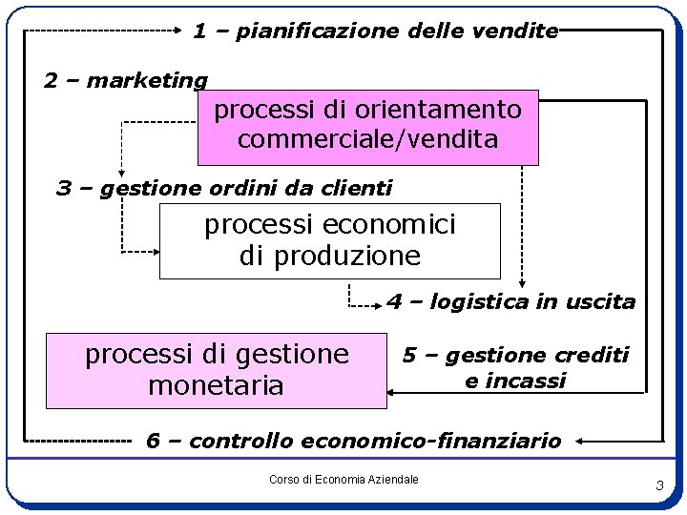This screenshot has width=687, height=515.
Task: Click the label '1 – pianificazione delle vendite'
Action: coord(375,31)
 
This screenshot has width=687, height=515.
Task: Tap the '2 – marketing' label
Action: coord(125,80)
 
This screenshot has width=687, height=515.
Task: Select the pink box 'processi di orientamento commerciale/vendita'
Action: coord(367,126)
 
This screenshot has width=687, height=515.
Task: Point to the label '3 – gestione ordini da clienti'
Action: coord(224,188)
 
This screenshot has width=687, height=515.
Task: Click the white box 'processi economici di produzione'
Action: coord(329,240)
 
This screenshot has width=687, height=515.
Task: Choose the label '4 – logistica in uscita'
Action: coord(510,302)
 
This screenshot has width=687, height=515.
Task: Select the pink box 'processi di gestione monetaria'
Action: coord(217,370)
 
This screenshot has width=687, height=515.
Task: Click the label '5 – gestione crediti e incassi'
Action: coord(515,368)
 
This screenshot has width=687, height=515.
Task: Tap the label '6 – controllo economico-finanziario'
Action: coord(353,441)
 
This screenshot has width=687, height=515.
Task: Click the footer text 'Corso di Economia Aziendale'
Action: coord(343,479)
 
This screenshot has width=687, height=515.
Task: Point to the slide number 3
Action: coord(658,486)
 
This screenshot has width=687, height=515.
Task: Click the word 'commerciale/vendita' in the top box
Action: coord(367,139)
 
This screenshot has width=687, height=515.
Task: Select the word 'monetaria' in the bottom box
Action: coord(217,385)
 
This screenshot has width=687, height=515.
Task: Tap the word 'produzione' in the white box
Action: coord(329,256)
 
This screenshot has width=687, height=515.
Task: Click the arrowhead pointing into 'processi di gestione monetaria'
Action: coord(391,391)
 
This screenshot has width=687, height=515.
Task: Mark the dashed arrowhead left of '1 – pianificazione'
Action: coord(177,31)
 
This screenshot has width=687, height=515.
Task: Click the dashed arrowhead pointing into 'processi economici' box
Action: coord(155,252)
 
